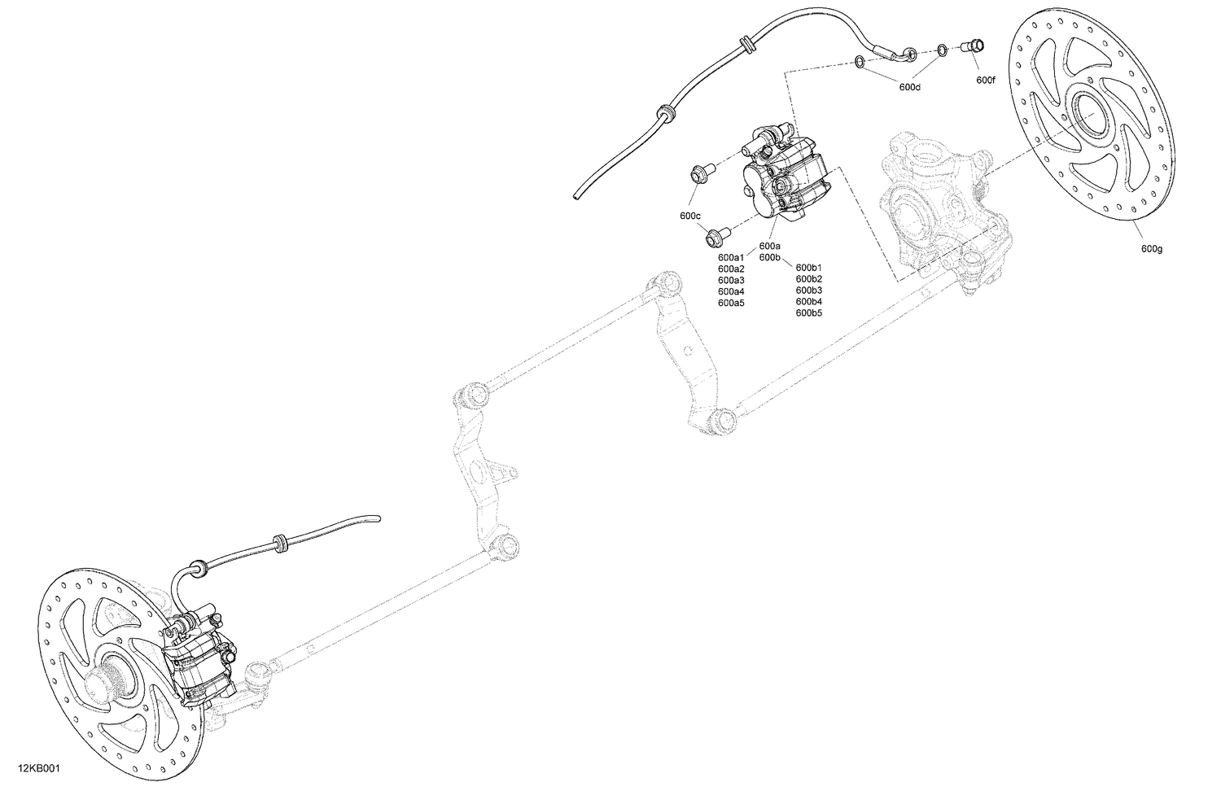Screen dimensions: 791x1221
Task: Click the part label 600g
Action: click(x=1151, y=248)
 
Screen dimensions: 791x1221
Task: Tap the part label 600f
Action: click(x=985, y=80)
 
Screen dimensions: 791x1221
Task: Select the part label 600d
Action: click(x=909, y=86)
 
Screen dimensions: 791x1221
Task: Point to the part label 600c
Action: click(x=689, y=216)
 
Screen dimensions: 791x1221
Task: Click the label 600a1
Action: click(x=731, y=257)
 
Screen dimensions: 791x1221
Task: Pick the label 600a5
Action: click(x=731, y=303)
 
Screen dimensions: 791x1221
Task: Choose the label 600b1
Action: click(x=808, y=267)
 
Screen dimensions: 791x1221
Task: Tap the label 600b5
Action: click(x=808, y=312)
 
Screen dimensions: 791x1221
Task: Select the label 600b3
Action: click(x=808, y=290)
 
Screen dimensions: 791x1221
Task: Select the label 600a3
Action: click(x=731, y=280)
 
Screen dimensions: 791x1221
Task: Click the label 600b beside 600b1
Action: click(x=769, y=257)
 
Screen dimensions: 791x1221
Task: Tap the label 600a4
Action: click(x=731, y=291)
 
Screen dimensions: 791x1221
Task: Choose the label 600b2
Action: click(x=808, y=278)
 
